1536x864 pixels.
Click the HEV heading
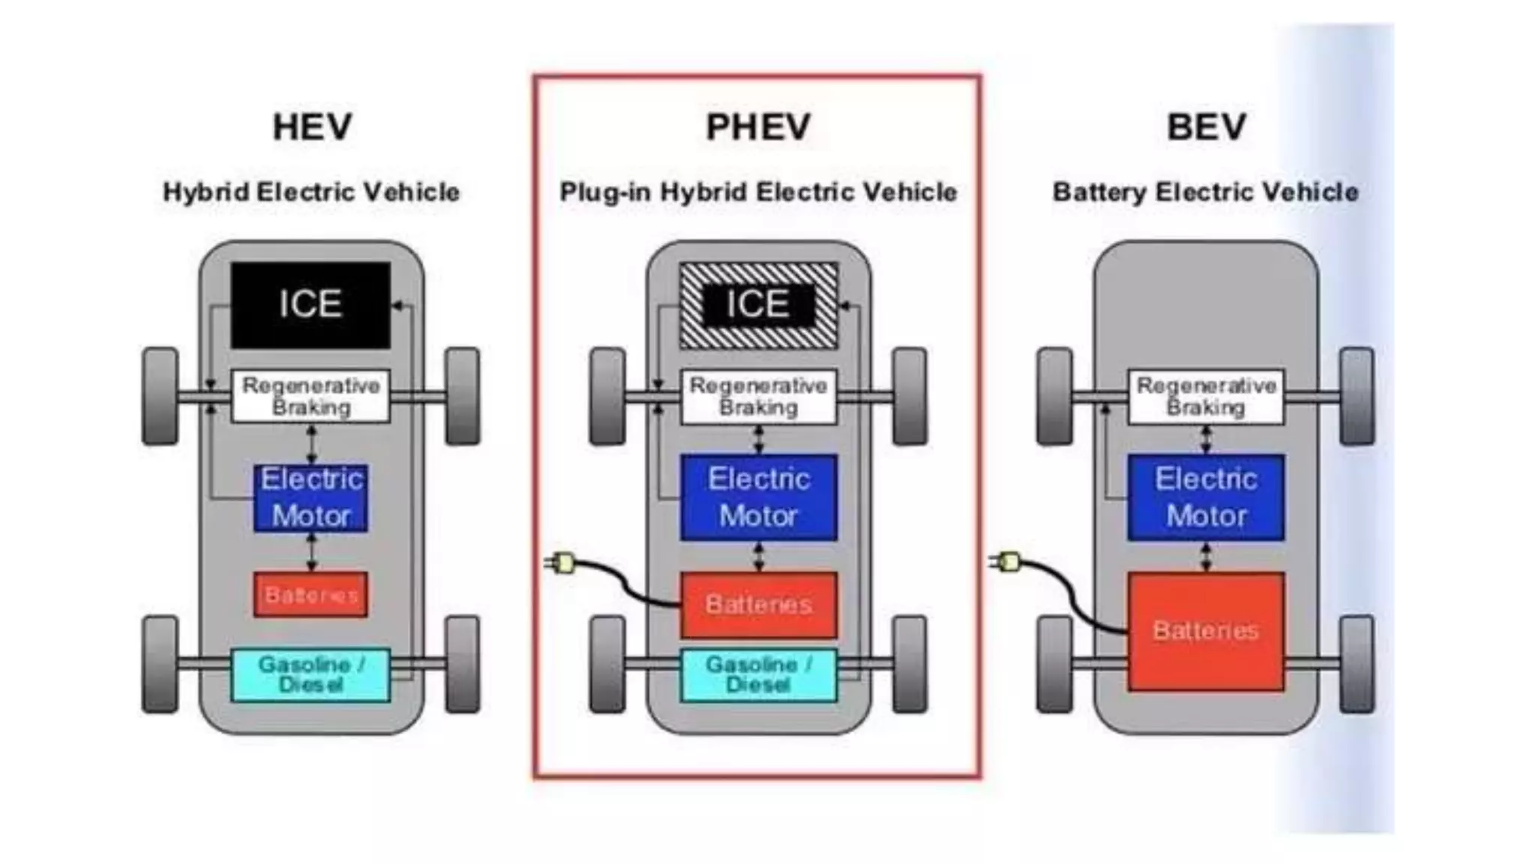tap(312, 127)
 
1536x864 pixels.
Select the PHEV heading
tap(758, 127)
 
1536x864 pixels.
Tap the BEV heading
tap(1206, 127)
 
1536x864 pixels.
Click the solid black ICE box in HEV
tap(310, 305)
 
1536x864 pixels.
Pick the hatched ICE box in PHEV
tap(758, 305)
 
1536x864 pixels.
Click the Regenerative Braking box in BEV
tap(1206, 397)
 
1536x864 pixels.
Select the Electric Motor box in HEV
tap(310, 497)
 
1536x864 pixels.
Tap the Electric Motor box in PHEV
tap(758, 497)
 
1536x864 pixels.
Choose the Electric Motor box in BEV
tap(1206, 497)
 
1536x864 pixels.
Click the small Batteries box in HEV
tap(310, 595)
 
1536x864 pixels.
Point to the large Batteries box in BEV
tap(1206, 631)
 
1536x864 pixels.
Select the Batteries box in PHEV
tap(758, 604)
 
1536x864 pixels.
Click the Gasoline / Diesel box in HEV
tap(310, 675)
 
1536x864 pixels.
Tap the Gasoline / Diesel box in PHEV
tap(758, 675)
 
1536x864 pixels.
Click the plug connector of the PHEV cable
tap(561, 562)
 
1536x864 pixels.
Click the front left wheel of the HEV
tap(160, 396)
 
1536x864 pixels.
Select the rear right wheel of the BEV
tap(1356, 664)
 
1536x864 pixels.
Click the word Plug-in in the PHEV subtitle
tap(604, 193)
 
